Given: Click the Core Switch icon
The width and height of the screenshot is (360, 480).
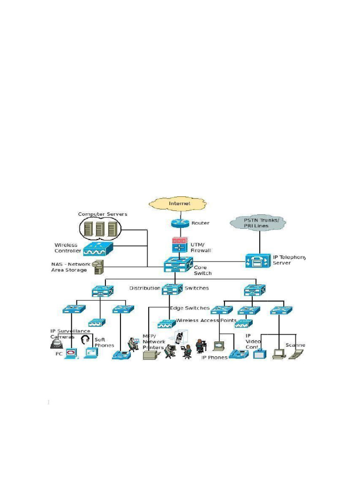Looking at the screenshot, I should (x=178, y=265).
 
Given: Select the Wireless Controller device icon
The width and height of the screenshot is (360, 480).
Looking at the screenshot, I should (x=98, y=248).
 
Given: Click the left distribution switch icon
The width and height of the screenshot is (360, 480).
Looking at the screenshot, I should (x=104, y=291).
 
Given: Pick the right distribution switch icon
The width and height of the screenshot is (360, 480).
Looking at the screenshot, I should (x=255, y=291).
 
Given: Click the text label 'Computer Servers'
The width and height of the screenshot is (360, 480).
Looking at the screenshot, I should (x=103, y=214).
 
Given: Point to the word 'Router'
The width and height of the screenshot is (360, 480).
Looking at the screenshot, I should (x=200, y=223).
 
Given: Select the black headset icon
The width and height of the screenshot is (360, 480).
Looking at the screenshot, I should (x=85, y=339).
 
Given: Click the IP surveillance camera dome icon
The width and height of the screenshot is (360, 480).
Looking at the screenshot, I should (x=56, y=344).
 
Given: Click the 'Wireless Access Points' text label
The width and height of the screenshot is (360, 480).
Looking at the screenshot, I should (x=206, y=321).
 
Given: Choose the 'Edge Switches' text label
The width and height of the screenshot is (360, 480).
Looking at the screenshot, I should (x=189, y=308).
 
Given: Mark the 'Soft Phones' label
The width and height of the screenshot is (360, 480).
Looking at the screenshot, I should (x=104, y=343).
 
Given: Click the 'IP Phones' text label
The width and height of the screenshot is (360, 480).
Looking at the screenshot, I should (x=214, y=357).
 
